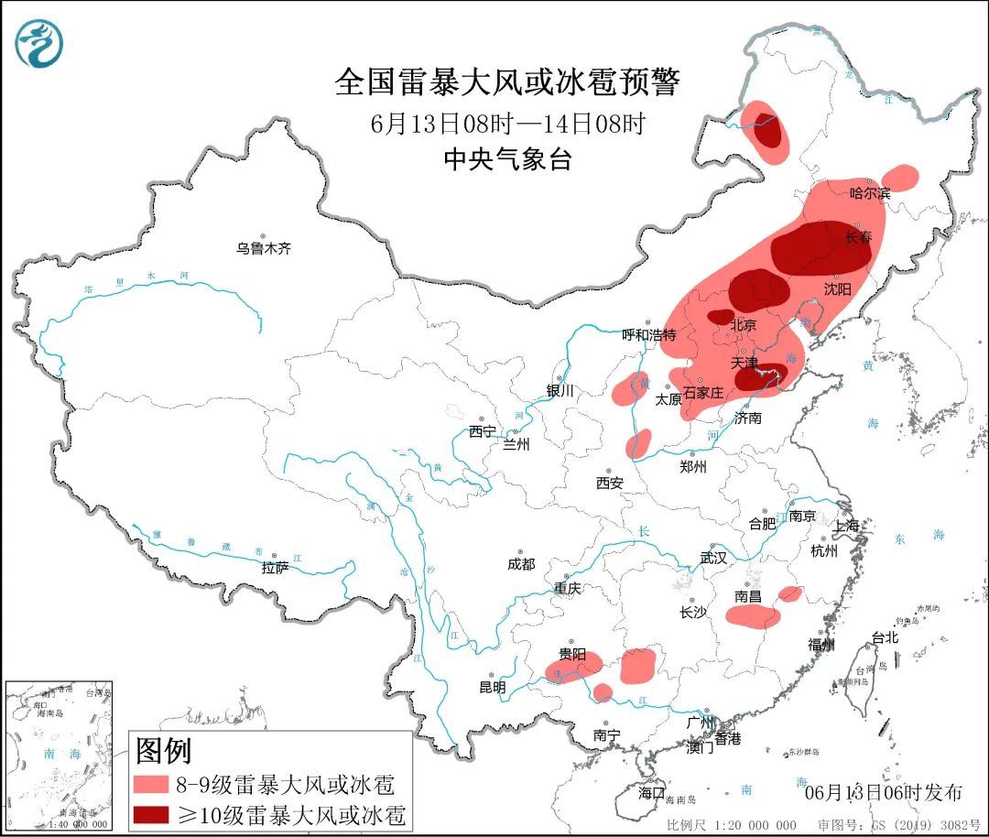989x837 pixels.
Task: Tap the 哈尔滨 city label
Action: click(x=869, y=193)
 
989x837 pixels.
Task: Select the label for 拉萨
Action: click(x=275, y=568)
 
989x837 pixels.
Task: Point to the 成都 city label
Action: click(x=520, y=565)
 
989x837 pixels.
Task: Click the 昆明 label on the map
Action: click(x=492, y=687)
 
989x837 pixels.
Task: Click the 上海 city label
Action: click(x=846, y=526)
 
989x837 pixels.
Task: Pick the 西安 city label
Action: click(x=609, y=483)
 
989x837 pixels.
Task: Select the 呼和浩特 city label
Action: click(x=648, y=335)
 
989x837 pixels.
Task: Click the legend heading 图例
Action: click(x=164, y=751)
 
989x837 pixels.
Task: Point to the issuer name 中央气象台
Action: click(x=507, y=159)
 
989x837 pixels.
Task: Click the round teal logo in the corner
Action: click(x=39, y=43)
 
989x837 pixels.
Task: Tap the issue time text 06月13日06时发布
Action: click(x=883, y=792)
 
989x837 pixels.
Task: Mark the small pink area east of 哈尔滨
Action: click(x=901, y=176)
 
